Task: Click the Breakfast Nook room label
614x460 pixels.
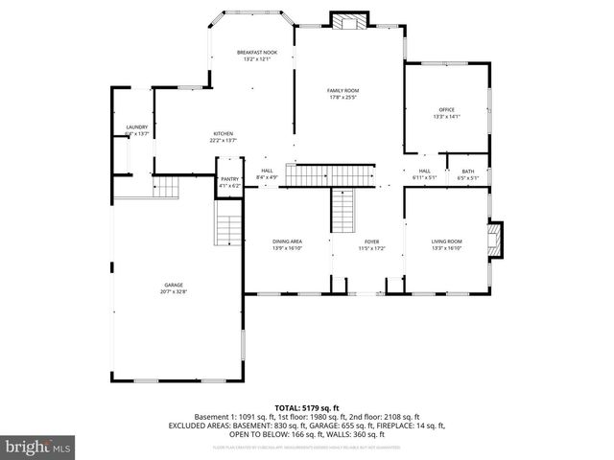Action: pyautogui.click(x=256, y=52)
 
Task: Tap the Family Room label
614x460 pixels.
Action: pyautogui.click(x=342, y=90)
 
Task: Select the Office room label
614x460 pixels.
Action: pyautogui.click(x=447, y=109)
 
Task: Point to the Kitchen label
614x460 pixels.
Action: pyautogui.click(x=223, y=133)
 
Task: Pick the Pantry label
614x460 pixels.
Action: pyautogui.click(x=229, y=178)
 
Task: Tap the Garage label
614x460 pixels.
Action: pyautogui.click(x=174, y=285)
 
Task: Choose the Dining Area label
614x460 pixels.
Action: pyautogui.click(x=288, y=241)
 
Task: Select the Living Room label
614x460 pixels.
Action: pyautogui.click(x=447, y=241)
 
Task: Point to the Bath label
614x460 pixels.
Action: pyautogui.click(x=467, y=171)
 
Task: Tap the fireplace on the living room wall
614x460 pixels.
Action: pyautogui.click(x=496, y=241)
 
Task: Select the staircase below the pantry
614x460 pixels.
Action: pyautogui.click(x=228, y=230)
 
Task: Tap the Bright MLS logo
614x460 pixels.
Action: pyautogui.click(x=38, y=448)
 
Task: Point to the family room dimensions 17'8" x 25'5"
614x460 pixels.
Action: pyautogui.click(x=342, y=97)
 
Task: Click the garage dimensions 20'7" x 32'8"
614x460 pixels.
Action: pyautogui.click(x=174, y=291)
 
